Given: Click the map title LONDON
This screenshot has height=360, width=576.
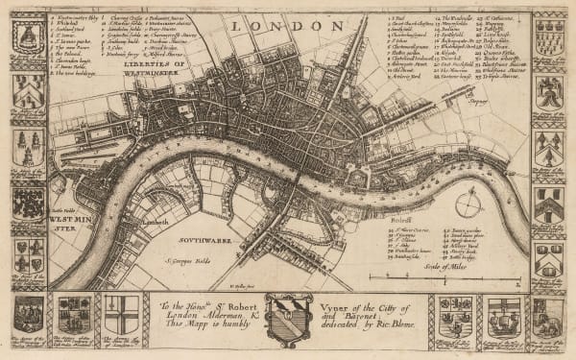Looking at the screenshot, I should point(288,25).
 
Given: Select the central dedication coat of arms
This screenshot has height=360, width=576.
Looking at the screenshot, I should point(288,318).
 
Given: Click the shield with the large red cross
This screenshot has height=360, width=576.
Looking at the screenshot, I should point(121,315).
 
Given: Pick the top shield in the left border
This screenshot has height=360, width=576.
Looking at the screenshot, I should point(28,36).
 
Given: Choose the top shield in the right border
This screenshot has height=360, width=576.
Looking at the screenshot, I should point(548,36).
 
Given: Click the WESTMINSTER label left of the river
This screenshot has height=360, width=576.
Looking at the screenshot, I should point(62,226).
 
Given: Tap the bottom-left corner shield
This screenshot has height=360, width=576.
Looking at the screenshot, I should point(28,315).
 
